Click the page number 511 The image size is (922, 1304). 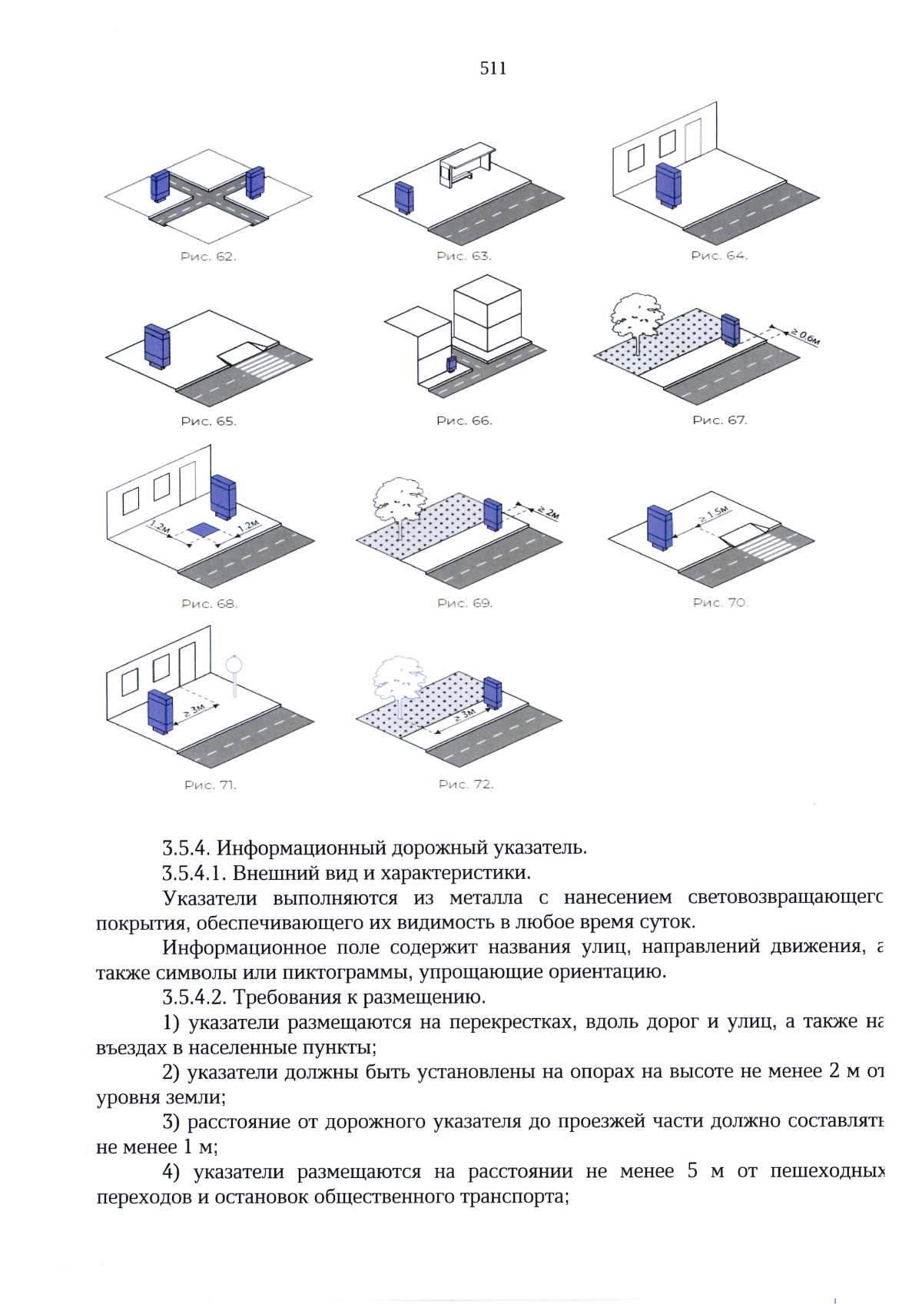(x=493, y=68)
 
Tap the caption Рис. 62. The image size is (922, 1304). (x=208, y=257)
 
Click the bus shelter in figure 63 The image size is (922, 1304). (x=465, y=164)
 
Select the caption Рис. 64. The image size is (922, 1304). (x=719, y=256)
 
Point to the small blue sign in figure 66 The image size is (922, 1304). (x=451, y=363)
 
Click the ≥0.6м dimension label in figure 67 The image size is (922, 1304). (x=805, y=336)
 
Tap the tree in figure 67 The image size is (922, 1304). (x=636, y=317)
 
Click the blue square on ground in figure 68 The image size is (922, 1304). (x=204, y=529)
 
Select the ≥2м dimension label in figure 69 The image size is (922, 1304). (x=549, y=512)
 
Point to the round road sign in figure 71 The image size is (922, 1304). (x=234, y=664)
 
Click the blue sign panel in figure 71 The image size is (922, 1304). (x=160, y=712)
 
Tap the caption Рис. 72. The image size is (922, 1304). (x=466, y=784)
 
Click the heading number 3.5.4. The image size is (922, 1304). (x=186, y=848)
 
